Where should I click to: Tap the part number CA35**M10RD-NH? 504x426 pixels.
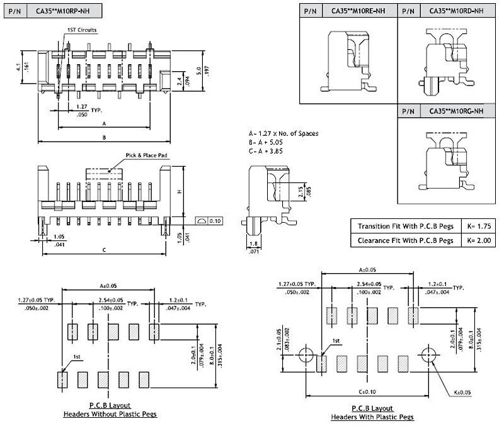456,11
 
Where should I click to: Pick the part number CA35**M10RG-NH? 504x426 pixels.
456,111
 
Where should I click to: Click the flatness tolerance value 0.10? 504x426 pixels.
215,221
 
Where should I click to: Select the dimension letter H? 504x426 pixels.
180,191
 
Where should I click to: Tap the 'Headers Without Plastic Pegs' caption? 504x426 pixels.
110,414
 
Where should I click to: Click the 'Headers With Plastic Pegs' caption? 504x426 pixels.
372,417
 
